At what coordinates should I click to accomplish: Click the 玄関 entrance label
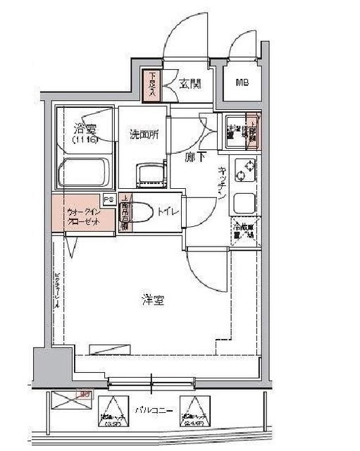[x=190, y=85]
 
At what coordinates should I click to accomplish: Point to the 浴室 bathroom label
[x=85, y=129]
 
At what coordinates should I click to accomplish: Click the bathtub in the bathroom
[x=85, y=173]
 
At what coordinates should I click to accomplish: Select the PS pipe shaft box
[x=108, y=199]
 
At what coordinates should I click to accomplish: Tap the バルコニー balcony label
[x=149, y=409]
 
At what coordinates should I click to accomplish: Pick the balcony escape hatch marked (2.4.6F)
[x=193, y=412]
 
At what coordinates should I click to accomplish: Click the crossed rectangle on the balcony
[x=73, y=402]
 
